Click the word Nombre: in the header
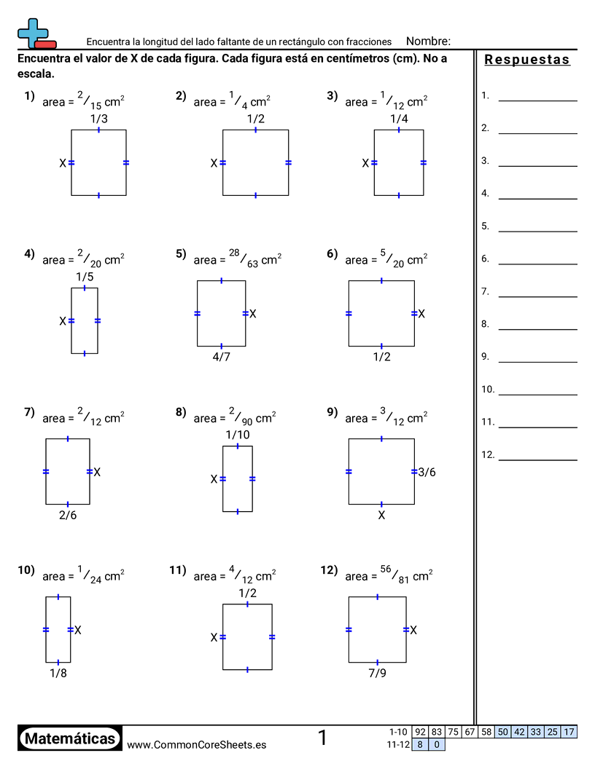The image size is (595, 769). point(428,42)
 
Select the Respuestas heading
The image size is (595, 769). point(526,59)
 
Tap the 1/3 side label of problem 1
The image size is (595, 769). point(98,119)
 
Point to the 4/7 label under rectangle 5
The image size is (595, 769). point(222,357)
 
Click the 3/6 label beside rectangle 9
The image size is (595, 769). point(427,473)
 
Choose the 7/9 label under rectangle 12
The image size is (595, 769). point(378,674)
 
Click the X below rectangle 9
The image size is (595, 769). point(381,516)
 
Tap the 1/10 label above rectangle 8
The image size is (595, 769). point(238,435)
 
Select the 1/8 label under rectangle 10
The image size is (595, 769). point(58,674)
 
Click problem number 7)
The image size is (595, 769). point(29,412)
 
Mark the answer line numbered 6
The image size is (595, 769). point(537,264)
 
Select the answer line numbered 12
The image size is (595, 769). point(537,460)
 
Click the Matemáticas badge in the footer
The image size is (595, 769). point(70,738)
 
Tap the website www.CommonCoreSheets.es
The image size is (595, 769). point(196,745)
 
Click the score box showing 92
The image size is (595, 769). point(420,732)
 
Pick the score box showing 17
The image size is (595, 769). point(569,732)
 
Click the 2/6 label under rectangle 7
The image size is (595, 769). point(68,516)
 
